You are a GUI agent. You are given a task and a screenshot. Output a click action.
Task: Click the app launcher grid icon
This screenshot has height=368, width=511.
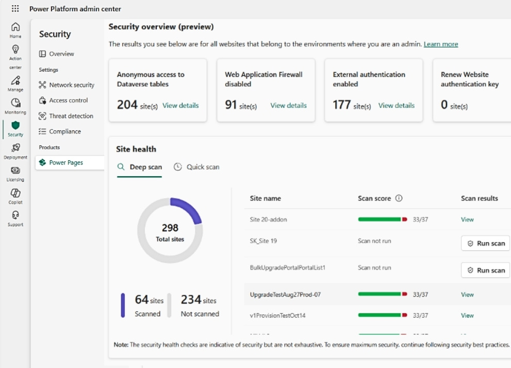pyautogui.click(x=15, y=9)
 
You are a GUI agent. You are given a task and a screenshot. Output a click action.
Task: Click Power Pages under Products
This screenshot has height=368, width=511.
pyautogui.click(x=66, y=162)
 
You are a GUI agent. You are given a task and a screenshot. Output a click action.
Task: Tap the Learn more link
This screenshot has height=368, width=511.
pyautogui.click(x=441, y=44)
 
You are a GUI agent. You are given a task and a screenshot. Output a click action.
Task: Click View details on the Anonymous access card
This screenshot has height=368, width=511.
pyautogui.click(x=180, y=106)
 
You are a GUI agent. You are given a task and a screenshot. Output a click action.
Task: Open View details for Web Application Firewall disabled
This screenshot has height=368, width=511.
pyautogui.click(x=288, y=106)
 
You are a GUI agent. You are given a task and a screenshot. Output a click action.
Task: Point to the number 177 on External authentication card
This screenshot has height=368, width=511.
pyautogui.click(x=342, y=105)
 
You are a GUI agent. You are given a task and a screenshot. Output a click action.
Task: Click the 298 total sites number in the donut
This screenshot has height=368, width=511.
pyautogui.click(x=170, y=228)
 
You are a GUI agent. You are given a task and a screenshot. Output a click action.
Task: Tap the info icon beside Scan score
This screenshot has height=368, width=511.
pyautogui.click(x=399, y=198)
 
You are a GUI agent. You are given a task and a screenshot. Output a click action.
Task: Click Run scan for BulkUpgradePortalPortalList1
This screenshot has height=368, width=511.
pyautogui.click(x=485, y=270)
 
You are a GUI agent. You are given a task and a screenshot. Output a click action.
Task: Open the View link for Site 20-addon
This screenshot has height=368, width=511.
pyautogui.click(x=467, y=220)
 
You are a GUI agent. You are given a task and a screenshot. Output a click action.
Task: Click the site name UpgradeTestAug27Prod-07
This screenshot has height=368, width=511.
pyautogui.click(x=285, y=295)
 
